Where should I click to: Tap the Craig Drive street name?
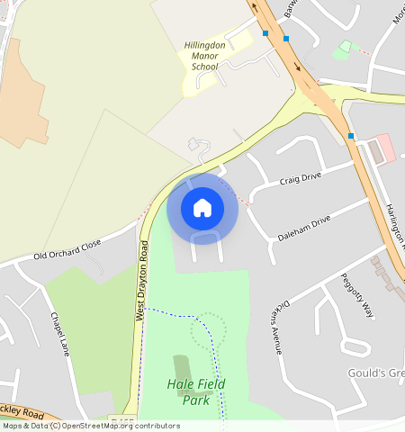click(301, 180)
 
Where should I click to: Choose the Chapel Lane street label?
click(59, 335)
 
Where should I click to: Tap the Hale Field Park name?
click(196, 391)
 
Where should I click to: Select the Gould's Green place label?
click(376, 373)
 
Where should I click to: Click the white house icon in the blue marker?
click(202, 208)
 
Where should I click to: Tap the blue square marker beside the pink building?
click(351, 136)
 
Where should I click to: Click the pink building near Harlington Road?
click(384, 147)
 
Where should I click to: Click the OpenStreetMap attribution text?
click(90, 426)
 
